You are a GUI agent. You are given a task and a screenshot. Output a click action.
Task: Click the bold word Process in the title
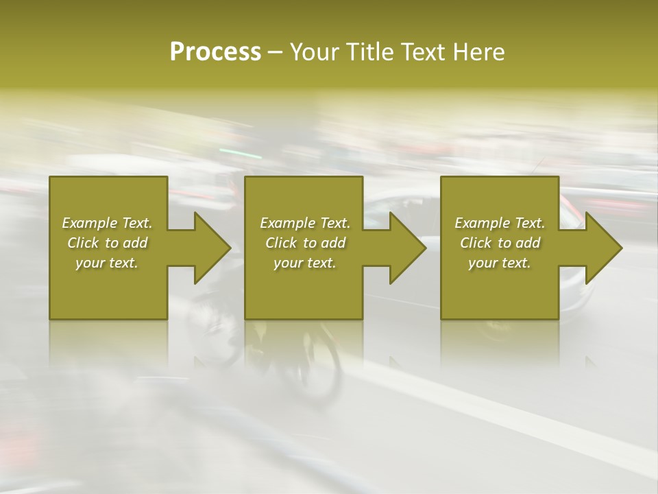[215, 52]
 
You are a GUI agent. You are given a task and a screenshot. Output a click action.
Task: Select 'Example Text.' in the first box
[107, 223]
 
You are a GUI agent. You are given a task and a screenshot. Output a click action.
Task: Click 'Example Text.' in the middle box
[305, 223]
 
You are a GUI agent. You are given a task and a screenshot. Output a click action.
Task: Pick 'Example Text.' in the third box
[500, 223]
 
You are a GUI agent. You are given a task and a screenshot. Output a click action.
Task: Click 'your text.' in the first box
[107, 263]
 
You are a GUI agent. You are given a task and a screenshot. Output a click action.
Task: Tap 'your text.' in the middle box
[305, 263]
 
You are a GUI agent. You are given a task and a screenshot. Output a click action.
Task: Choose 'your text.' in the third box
[500, 263]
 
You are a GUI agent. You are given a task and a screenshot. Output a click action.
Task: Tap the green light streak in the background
[240, 152]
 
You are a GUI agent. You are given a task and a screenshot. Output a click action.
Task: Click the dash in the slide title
[276, 53]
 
